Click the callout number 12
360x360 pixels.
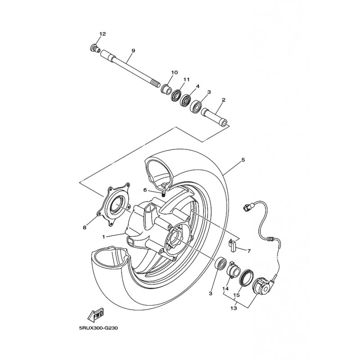(x=103, y=34)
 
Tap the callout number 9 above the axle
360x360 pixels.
(x=133, y=50)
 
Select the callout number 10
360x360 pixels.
(x=174, y=72)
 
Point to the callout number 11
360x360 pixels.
(x=186, y=80)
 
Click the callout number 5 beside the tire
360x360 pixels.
(x=243, y=160)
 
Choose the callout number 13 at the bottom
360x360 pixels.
(x=234, y=308)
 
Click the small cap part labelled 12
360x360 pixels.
(x=94, y=49)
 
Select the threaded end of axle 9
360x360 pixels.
(x=156, y=84)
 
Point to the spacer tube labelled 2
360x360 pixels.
(x=214, y=117)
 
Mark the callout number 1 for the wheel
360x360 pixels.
(x=104, y=237)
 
